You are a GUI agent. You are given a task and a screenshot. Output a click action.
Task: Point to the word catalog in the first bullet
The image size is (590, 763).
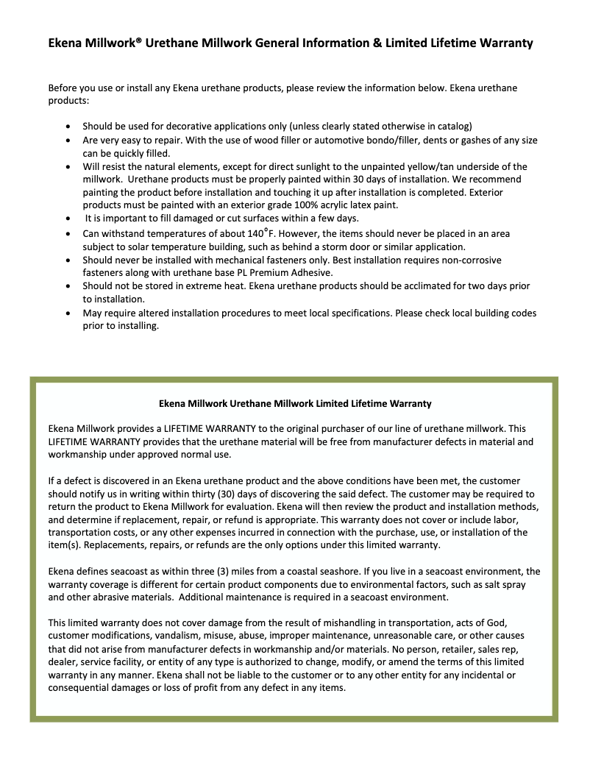451,127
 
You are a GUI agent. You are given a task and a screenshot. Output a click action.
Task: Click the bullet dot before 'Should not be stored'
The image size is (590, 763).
68,286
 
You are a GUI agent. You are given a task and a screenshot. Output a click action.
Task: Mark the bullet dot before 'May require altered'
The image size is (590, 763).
68,313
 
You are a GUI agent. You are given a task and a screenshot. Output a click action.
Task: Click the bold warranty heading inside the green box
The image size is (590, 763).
295,404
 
